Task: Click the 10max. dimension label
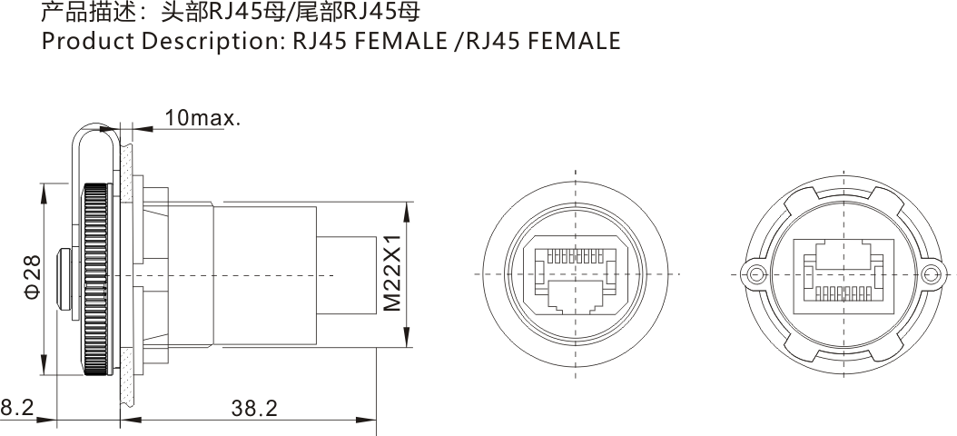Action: (x=202, y=117)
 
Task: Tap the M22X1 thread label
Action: (x=392, y=275)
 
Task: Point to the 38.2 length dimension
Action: (x=254, y=409)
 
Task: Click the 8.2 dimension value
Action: (x=16, y=409)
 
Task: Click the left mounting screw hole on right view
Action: (x=753, y=274)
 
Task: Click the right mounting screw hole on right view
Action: (x=930, y=274)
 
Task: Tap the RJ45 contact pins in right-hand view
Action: (x=841, y=292)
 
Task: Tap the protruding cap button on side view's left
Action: (x=63, y=275)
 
